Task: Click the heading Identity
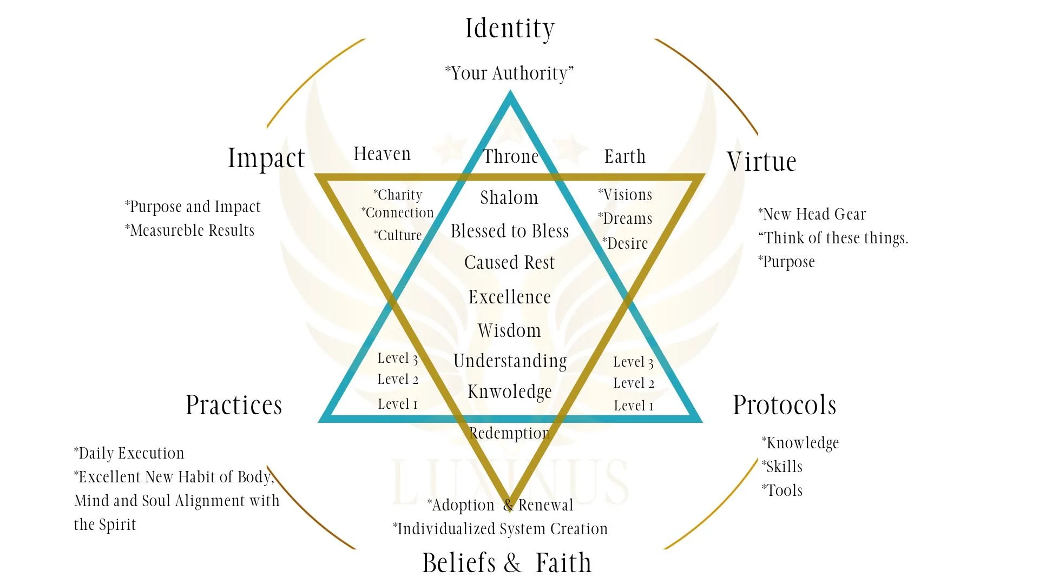click(x=510, y=29)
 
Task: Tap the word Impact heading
click(x=266, y=158)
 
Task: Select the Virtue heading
click(x=761, y=162)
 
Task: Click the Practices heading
click(x=234, y=405)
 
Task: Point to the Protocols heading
click(x=784, y=405)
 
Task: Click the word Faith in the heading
click(x=563, y=563)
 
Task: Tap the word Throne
click(x=511, y=157)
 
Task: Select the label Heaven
click(x=382, y=154)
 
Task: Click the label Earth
click(x=625, y=157)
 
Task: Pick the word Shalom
click(x=509, y=198)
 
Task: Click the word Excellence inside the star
click(x=509, y=297)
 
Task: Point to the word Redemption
click(x=509, y=433)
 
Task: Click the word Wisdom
click(x=509, y=330)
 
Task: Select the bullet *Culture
click(x=397, y=235)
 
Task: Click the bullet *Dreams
click(x=625, y=218)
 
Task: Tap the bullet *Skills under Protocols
click(x=782, y=467)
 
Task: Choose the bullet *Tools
click(x=782, y=490)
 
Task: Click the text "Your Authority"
click(x=509, y=73)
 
